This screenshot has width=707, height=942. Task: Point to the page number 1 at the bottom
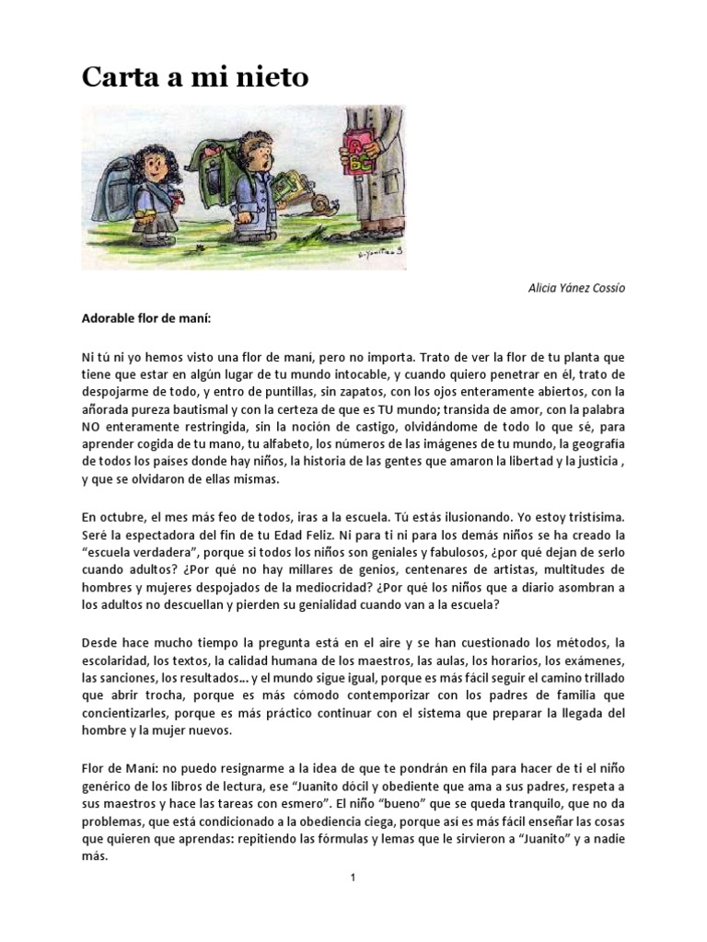[353, 878]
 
